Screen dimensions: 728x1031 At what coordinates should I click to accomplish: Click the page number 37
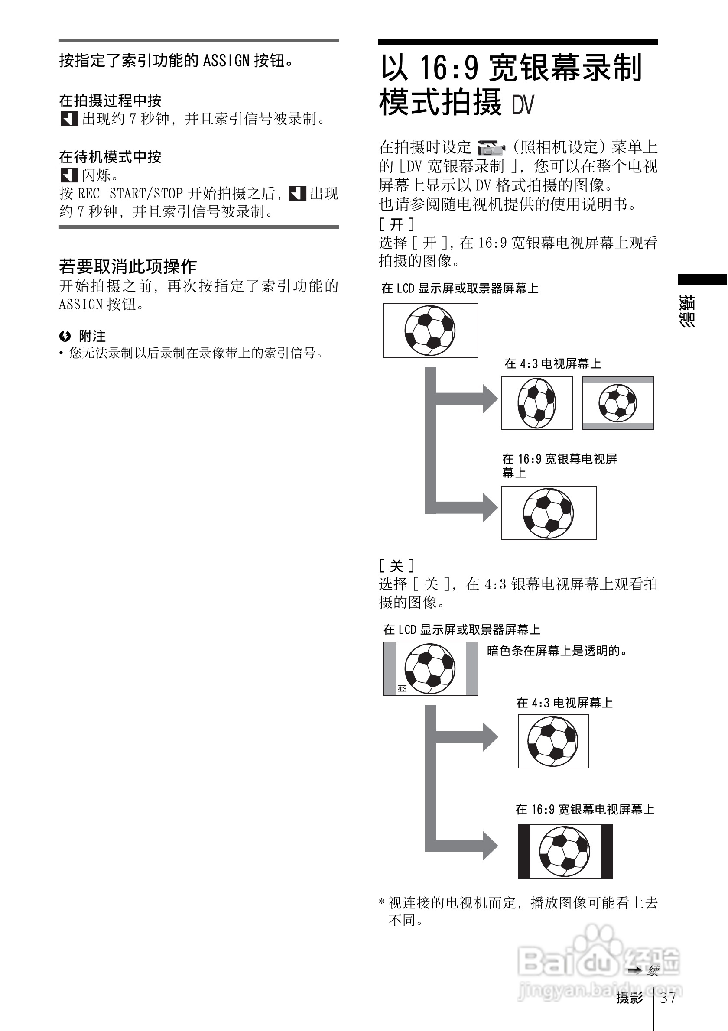[x=668, y=998]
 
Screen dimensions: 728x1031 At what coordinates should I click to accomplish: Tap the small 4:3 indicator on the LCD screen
[x=402, y=689]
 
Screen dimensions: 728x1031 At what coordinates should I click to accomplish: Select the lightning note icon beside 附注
[x=65, y=336]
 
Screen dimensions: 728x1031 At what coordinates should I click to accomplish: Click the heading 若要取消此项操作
[x=128, y=266]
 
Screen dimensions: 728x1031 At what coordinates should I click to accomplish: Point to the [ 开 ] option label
[x=396, y=224]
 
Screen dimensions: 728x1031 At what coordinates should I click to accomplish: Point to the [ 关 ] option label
[x=396, y=565]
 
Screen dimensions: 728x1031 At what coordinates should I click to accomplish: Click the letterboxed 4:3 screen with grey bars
[x=618, y=403]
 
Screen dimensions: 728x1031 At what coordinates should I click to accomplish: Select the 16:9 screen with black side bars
[x=565, y=851]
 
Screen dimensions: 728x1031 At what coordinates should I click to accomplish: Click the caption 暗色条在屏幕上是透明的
[x=557, y=651]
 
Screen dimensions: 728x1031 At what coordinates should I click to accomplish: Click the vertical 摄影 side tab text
[x=687, y=311]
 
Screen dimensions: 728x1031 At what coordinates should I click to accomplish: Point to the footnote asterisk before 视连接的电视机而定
[x=382, y=901]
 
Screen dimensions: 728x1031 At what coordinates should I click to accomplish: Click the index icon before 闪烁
[x=69, y=175]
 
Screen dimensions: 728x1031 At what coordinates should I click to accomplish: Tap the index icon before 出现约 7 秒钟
[x=69, y=119]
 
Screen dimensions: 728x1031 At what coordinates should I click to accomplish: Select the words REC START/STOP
[x=130, y=194]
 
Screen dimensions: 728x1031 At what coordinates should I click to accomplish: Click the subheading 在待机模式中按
[x=110, y=157]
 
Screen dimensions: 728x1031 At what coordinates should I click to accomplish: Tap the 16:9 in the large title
[x=448, y=67]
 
